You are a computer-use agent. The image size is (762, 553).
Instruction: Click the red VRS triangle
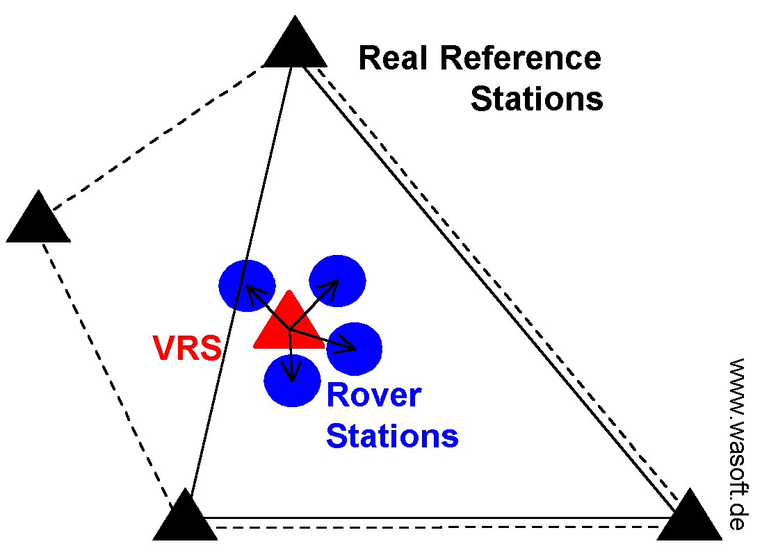pos(288,325)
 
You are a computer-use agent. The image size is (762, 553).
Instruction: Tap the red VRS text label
pos(187,349)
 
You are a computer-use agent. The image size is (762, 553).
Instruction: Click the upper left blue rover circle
pos(245,285)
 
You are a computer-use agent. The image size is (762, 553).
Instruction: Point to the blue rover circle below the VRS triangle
pos(292,381)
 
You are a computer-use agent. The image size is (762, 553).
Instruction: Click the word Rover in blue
pos(373,395)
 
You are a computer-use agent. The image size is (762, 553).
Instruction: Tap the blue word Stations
pos(392,436)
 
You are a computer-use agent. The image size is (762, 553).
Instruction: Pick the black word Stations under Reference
pos(536,99)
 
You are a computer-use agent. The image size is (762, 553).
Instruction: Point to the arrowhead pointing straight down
pos(293,374)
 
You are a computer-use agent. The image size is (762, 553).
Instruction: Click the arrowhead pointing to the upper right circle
pos(332,285)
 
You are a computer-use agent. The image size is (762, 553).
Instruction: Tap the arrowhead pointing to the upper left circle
pos(249,292)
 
